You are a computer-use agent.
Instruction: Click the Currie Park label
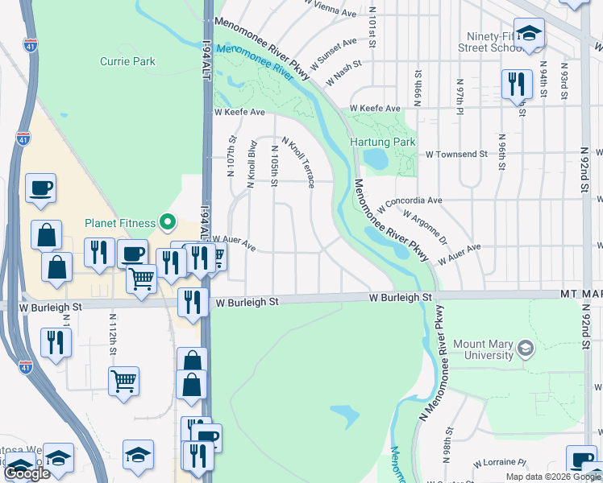pyautogui.click(x=127, y=61)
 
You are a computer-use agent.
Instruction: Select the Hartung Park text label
pyautogui.click(x=383, y=142)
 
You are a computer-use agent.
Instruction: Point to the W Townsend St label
pyautogui.click(x=456, y=153)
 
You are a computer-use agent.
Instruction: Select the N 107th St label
pyautogui.click(x=231, y=162)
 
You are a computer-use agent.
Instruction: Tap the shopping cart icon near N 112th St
pyautogui.click(x=123, y=380)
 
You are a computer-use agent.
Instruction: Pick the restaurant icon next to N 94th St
pyautogui.click(x=515, y=84)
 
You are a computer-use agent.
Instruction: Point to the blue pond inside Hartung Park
pyautogui.click(x=376, y=159)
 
